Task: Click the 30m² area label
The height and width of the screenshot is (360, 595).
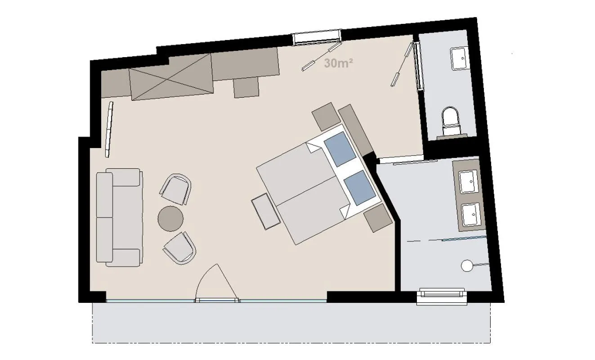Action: click(x=338, y=63)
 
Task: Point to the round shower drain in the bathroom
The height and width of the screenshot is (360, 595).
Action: click(x=466, y=266)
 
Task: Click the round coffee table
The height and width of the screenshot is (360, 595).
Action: click(x=171, y=219)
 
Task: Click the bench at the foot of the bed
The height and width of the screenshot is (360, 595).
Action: click(x=266, y=211)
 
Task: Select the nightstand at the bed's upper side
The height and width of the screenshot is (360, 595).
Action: click(x=326, y=117)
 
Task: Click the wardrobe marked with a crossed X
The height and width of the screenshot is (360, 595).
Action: click(x=170, y=75)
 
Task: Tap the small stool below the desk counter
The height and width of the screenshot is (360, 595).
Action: click(x=246, y=87)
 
